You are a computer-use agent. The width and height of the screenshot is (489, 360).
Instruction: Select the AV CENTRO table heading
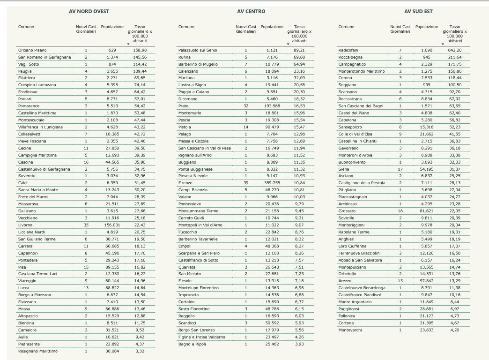[x=251, y=11]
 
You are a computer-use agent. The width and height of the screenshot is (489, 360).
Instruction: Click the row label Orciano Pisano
[x=33, y=50]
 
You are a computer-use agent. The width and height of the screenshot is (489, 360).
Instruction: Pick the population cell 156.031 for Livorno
[x=112, y=225]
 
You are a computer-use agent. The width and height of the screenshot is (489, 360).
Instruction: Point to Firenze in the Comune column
[x=185, y=183]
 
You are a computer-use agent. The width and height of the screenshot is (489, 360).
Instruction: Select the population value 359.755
[x=272, y=183]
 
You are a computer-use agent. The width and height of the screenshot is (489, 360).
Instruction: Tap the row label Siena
[x=344, y=169]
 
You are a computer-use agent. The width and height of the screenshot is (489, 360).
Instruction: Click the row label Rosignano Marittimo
[x=38, y=351]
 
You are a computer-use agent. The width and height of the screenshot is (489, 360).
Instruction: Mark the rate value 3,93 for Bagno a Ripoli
[x=299, y=344]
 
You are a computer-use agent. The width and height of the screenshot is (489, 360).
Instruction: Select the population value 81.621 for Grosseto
[x=427, y=211]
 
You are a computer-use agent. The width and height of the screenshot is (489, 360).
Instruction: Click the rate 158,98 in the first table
[x=140, y=50]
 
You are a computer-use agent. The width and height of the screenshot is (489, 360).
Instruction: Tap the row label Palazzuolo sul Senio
[x=198, y=50]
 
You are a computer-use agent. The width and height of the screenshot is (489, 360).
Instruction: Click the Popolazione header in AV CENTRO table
[x=272, y=27]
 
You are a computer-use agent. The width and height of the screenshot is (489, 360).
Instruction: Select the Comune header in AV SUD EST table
[x=346, y=27]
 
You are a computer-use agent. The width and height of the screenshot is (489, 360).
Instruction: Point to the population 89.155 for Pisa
[x=112, y=267]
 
